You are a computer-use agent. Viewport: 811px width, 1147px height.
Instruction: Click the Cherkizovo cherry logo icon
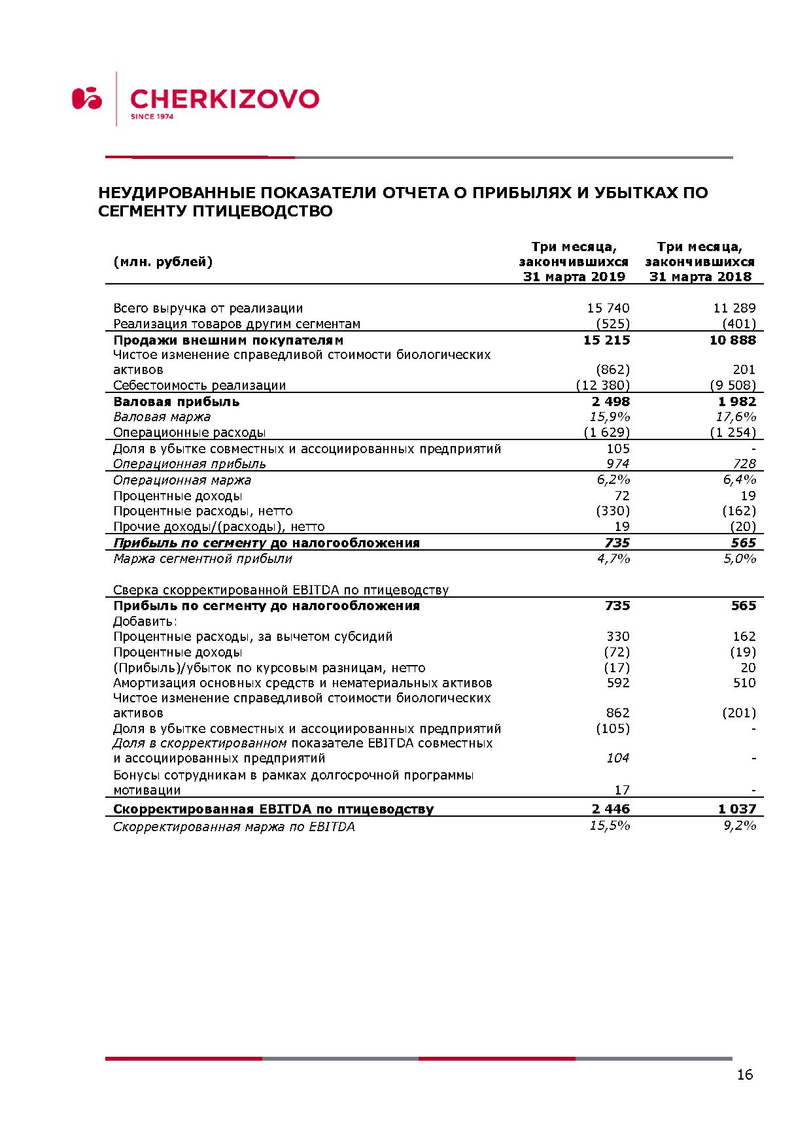pos(87,98)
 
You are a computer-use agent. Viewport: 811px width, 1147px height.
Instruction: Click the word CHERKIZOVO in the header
pos(224,99)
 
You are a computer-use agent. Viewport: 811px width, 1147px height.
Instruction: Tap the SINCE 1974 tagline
pos(152,117)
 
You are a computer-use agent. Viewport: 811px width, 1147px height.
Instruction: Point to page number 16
pos(744,1074)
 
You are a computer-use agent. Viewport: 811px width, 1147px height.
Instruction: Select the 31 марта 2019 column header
pos(574,277)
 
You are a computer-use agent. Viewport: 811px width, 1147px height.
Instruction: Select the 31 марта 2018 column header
pos(700,277)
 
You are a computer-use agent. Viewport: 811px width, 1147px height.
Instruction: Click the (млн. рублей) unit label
pos(163,262)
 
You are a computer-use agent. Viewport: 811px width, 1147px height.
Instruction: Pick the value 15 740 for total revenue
pos(608,308)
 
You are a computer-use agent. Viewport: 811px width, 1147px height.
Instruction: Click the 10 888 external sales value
pos(733,340)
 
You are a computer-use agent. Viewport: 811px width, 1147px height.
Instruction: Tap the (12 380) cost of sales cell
pos(602,385)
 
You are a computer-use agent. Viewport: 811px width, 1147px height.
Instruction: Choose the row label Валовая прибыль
pos(177,402)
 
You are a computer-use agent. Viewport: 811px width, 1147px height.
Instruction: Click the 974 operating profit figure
pos(617,464)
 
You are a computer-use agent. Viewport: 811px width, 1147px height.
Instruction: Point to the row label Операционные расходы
pos(190,432)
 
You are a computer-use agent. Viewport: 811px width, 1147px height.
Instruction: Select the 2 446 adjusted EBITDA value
pos(611,809)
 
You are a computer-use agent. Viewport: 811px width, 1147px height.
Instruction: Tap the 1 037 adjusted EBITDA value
pos(736,809)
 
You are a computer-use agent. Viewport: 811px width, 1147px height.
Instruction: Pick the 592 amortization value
pos(617,683)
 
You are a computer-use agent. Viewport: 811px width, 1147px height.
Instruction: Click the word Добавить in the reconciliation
pos(145,621)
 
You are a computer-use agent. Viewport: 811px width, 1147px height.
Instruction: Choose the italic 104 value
pos(617,758)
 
